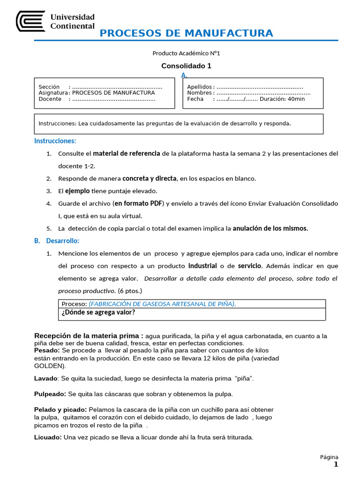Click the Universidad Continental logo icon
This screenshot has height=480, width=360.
click(31, 21)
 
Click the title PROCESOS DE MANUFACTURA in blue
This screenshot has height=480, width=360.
click(186, 33)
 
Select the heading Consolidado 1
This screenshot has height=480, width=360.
click(186, 66)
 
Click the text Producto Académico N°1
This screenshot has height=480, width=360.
click(186, 53)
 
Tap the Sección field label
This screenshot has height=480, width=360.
click(49, 87)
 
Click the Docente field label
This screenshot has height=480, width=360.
click(50, 99)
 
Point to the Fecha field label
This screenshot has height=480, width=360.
click(195, 99)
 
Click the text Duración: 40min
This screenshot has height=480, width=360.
click(282, 99)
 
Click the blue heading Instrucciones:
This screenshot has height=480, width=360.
click(55, 141)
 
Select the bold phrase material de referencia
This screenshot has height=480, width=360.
click(127, 153)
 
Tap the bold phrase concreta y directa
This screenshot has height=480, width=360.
click(150, 178)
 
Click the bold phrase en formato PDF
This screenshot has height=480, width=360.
click(138, 203)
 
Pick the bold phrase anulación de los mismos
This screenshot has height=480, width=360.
click(270, 228)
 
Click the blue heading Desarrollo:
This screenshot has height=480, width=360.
click(63, 241)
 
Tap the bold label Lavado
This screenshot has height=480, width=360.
click(45, 378)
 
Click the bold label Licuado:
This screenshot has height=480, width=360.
click(48, 437)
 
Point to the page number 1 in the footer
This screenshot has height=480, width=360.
click(336, 465)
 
